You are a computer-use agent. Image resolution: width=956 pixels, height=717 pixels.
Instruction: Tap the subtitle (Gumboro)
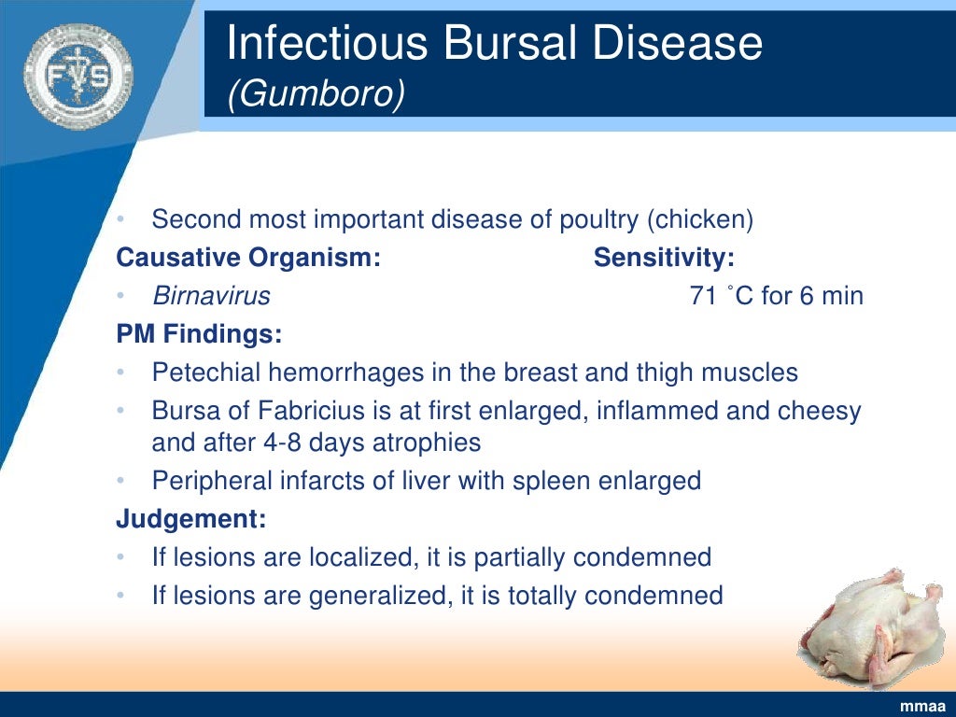click(316, 94)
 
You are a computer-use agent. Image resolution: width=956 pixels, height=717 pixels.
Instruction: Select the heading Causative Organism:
click(248, 258)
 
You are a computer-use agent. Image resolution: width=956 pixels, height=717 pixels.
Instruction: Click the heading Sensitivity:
click(664, 258)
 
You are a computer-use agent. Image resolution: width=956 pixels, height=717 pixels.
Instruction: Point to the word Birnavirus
click(211, 297)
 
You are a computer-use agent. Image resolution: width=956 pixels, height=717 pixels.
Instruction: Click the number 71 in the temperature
click(703, 297)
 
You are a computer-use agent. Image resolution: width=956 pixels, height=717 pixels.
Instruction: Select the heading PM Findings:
click(199, 333)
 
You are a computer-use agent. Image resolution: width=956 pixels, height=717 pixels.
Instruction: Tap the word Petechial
click(206, 373)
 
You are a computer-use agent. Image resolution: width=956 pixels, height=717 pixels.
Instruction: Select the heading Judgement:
click(191, 518)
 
